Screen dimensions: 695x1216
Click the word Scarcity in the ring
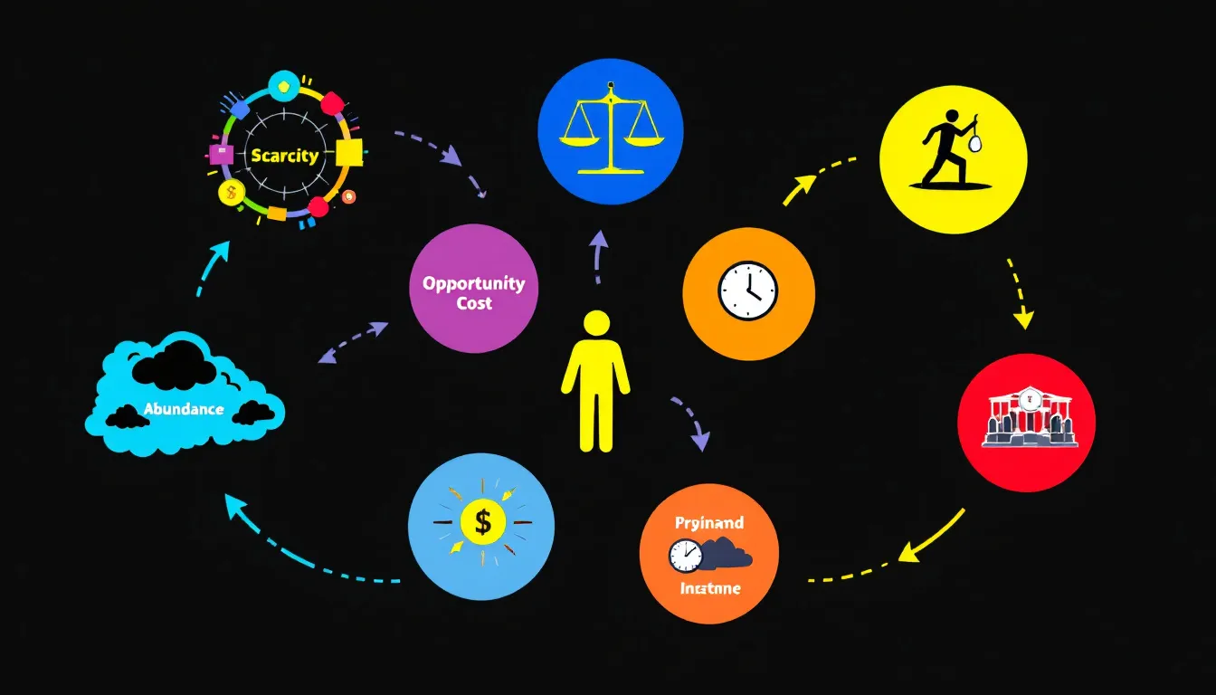(285, 156)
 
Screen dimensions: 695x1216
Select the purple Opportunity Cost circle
(473, 288)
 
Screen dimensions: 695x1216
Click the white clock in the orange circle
(748, 290)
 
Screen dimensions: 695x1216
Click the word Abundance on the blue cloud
(183, 409)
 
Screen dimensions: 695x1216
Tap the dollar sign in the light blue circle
(483, 522)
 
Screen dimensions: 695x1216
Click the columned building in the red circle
(1026, 419)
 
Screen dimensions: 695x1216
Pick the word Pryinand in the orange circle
(709, 523)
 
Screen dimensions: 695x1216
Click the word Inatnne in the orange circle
(709, 589)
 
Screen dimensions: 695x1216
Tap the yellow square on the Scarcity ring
(348, 153)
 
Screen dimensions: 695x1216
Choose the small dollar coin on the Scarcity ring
(232, 191)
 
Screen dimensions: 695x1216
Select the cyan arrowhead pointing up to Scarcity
(219, 250)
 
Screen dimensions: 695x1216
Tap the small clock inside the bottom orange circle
(685, 556)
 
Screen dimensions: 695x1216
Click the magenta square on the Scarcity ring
(221, 153)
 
